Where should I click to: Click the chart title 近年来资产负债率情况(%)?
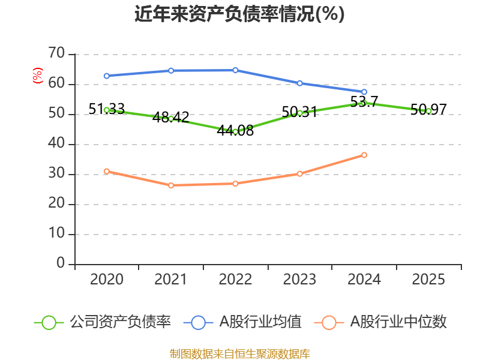tap(239, 14)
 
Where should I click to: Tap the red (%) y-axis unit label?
tap(38, 76)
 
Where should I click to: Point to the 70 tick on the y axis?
tap(56, 53)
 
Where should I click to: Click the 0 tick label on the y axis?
tap(61, 263)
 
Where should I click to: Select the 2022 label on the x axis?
tap(235, 280)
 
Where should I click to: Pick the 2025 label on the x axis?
tap(428, 280)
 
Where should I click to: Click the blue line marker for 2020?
tap(107, 76)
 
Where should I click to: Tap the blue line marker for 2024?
tap(364, 92)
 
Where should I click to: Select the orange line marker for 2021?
tap(171, 185)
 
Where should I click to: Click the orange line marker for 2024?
tap(364, 155)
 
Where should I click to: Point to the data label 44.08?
tap(235, 131)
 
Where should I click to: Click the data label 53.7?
tap(364, 101)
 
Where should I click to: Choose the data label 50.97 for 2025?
tap(428, 110)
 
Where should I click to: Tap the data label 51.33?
tap(107, 109)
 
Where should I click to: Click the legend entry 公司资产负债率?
tap(103, 322)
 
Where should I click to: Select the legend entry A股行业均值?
tap(242, 322)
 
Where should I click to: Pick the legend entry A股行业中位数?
tap(380, 322)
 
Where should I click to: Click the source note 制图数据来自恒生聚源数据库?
tap(239, 354)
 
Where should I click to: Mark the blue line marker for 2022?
tap(235, 70)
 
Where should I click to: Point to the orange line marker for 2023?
tap(299, 174)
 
